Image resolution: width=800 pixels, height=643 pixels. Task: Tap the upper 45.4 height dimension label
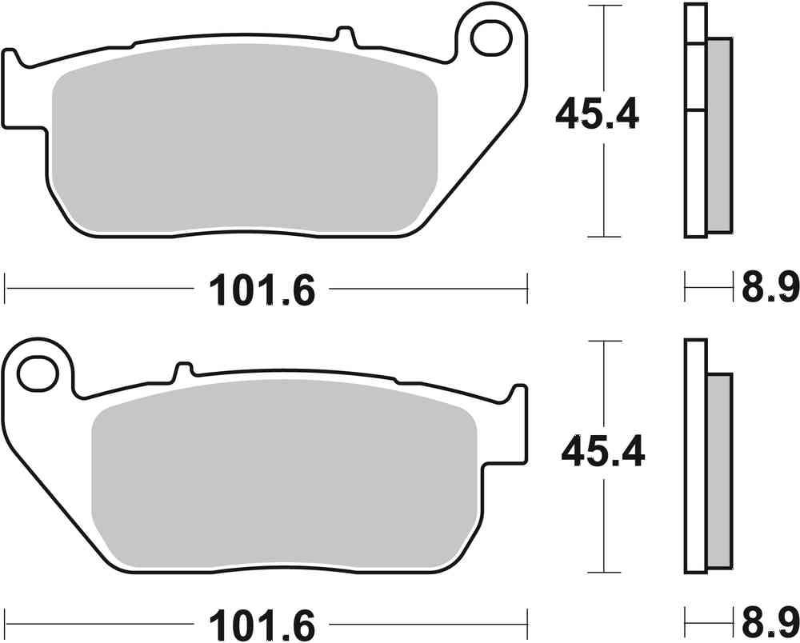pyautogui.click(x=597, y=115)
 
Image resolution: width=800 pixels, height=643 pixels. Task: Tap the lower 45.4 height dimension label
pyautogui.click(x=602, y=453)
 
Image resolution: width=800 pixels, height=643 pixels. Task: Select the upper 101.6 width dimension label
pyautogui.click(x=262, y=290)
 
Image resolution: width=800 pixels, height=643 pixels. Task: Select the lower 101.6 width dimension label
pyautogui.click(x=262, y=622)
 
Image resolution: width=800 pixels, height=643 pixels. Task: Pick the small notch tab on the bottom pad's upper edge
pyautogui.click(x=183, y=369)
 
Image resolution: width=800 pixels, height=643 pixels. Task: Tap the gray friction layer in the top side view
pyautogui.click(x=718, y=136)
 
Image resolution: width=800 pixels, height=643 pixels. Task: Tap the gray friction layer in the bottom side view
pyautogui.click(x=719, y=472)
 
